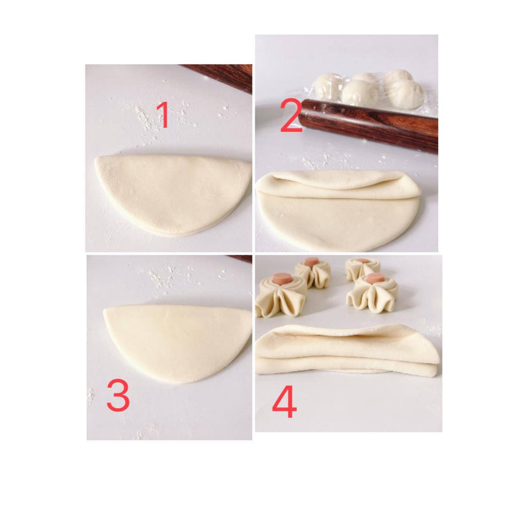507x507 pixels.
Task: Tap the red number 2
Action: click(x=291, y=116)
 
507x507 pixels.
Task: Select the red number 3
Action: click(x=118, y=395)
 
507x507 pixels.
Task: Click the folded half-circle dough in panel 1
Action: click(x=173, y=194)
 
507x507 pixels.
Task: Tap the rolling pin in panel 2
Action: click(x=369, y=126)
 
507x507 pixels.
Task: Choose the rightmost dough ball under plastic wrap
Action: click(x=406, y=94)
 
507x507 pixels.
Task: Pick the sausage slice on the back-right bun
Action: click(x=362, y=261)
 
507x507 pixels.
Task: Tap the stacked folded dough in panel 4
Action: click(x=347, y=351)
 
